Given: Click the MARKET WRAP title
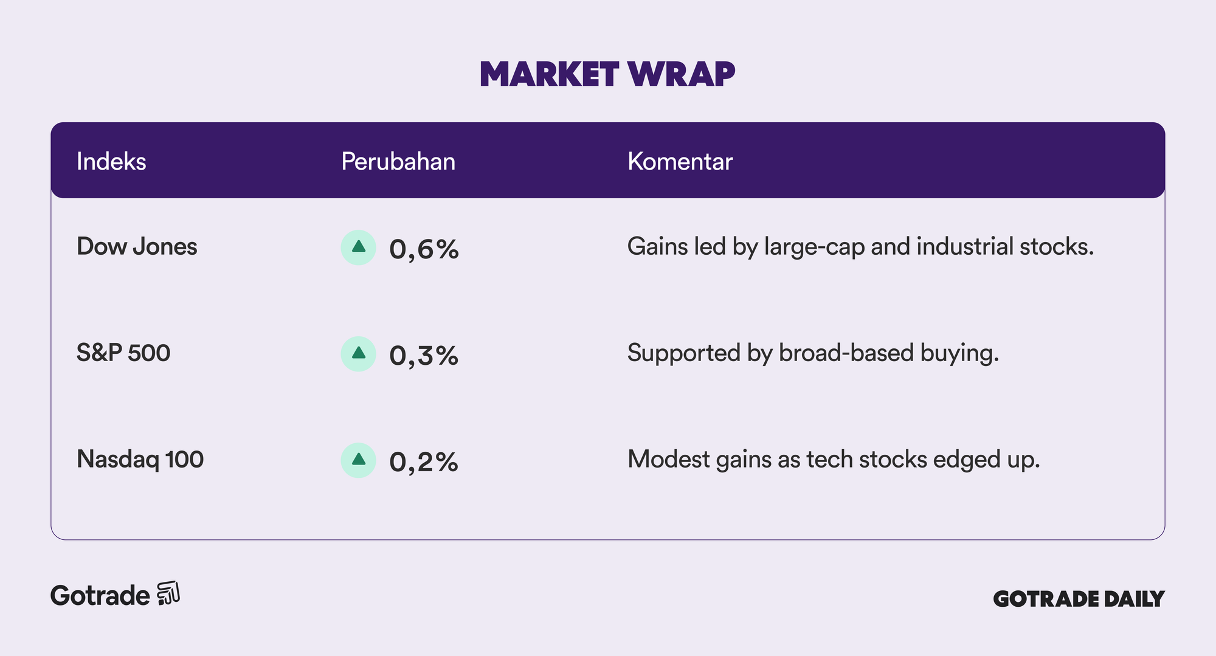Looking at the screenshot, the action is pos(607,75).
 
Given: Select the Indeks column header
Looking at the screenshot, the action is pos(111,161).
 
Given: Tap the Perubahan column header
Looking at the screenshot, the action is pos(398,161).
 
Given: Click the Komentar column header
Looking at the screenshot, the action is pos(680,161).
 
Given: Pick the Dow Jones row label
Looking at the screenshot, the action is pos(137,246).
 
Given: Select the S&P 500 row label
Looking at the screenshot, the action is pos(123,353).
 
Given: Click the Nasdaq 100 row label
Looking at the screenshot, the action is pos(140,460).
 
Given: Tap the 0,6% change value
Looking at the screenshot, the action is pos(424,249).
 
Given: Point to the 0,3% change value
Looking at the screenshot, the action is pos(424,356).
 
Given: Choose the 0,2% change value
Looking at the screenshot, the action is pos(424,462).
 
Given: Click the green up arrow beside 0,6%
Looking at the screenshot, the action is pos(359,247).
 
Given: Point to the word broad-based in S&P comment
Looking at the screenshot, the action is pos(846,353).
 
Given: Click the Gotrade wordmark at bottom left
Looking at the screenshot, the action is pos(100,595).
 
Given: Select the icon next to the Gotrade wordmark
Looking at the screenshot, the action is pos(168,593).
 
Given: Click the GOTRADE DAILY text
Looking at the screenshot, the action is pos(1079,599).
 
